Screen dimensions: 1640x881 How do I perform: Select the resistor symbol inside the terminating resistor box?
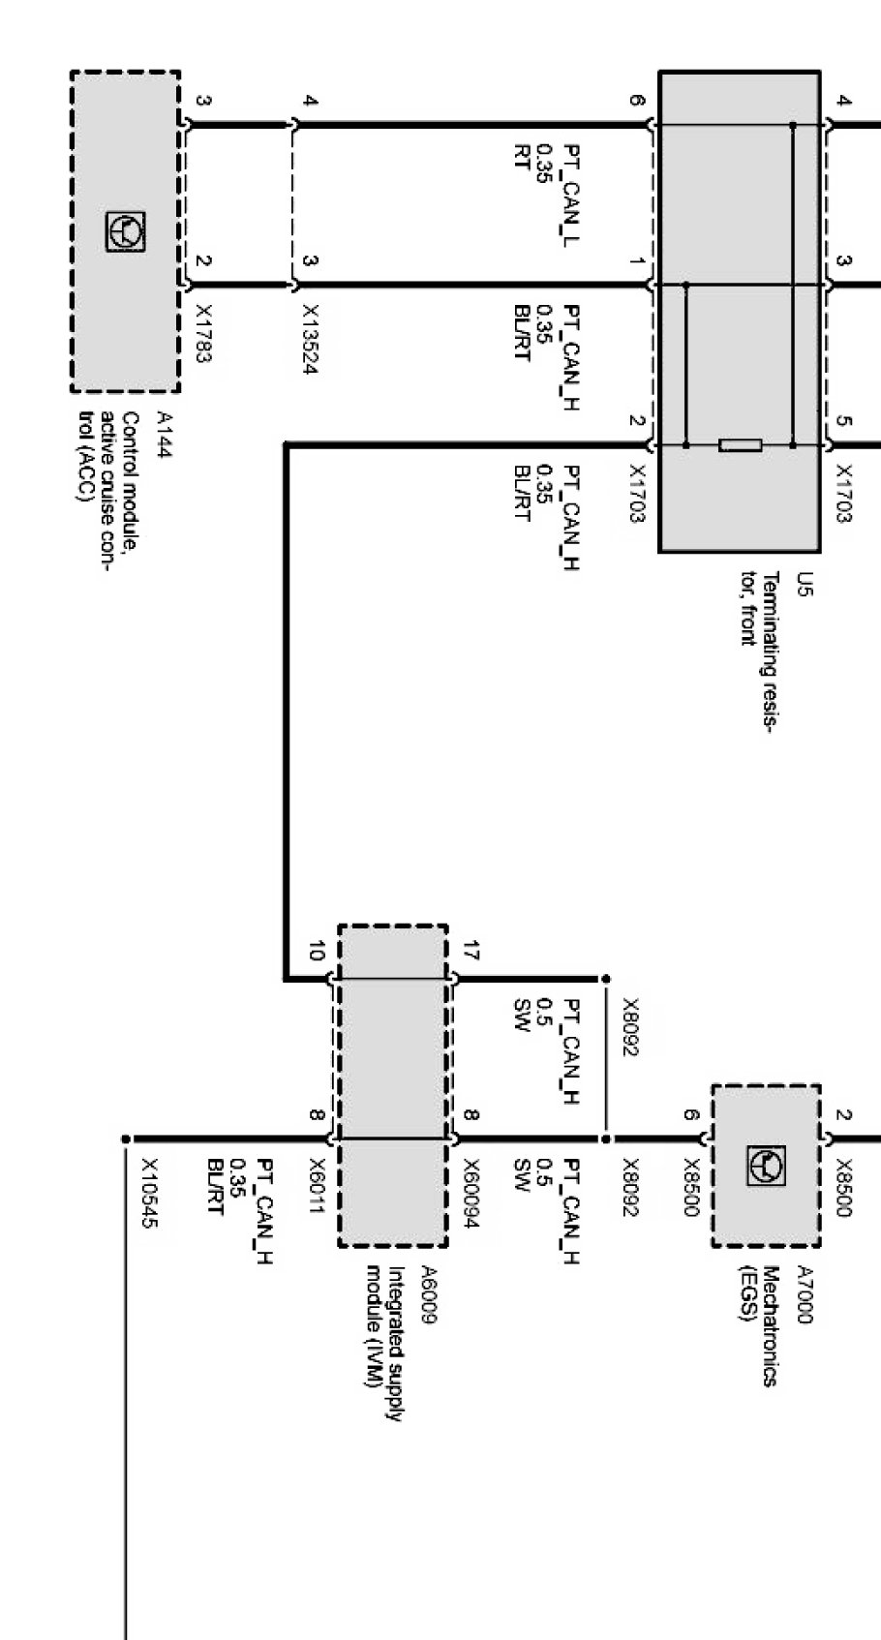[x=740, y=445]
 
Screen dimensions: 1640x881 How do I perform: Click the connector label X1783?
[x=203, y=334]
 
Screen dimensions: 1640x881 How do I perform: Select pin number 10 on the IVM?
[x=315, y=952]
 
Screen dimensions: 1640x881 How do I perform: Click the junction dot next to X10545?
[x=126, y=1139]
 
